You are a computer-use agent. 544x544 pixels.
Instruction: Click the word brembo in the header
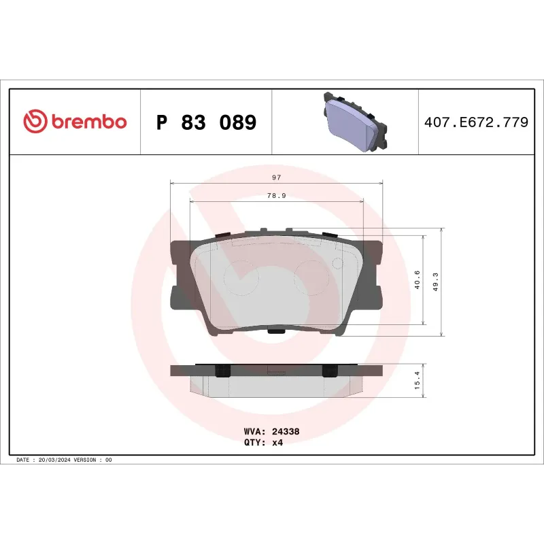(x=88, y=122)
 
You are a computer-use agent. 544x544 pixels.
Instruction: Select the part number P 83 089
(x=206, y=122)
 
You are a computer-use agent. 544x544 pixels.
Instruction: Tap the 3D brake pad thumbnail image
(x=354, y=121)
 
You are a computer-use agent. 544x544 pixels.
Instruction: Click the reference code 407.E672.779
(x=475, y=122)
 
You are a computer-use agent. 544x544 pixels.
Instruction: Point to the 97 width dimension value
(x=276, y=177)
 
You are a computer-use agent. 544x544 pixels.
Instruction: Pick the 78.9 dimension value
(x=276, y=196)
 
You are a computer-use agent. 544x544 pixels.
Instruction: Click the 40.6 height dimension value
(x=417, y=280)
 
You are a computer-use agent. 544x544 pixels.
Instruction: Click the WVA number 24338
(x=285, y=431)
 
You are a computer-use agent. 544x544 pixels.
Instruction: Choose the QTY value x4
(x=277, y=442)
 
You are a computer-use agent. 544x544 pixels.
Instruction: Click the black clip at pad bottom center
(x=276, y=331)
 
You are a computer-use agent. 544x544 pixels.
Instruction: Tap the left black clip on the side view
(x=220, y=371)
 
